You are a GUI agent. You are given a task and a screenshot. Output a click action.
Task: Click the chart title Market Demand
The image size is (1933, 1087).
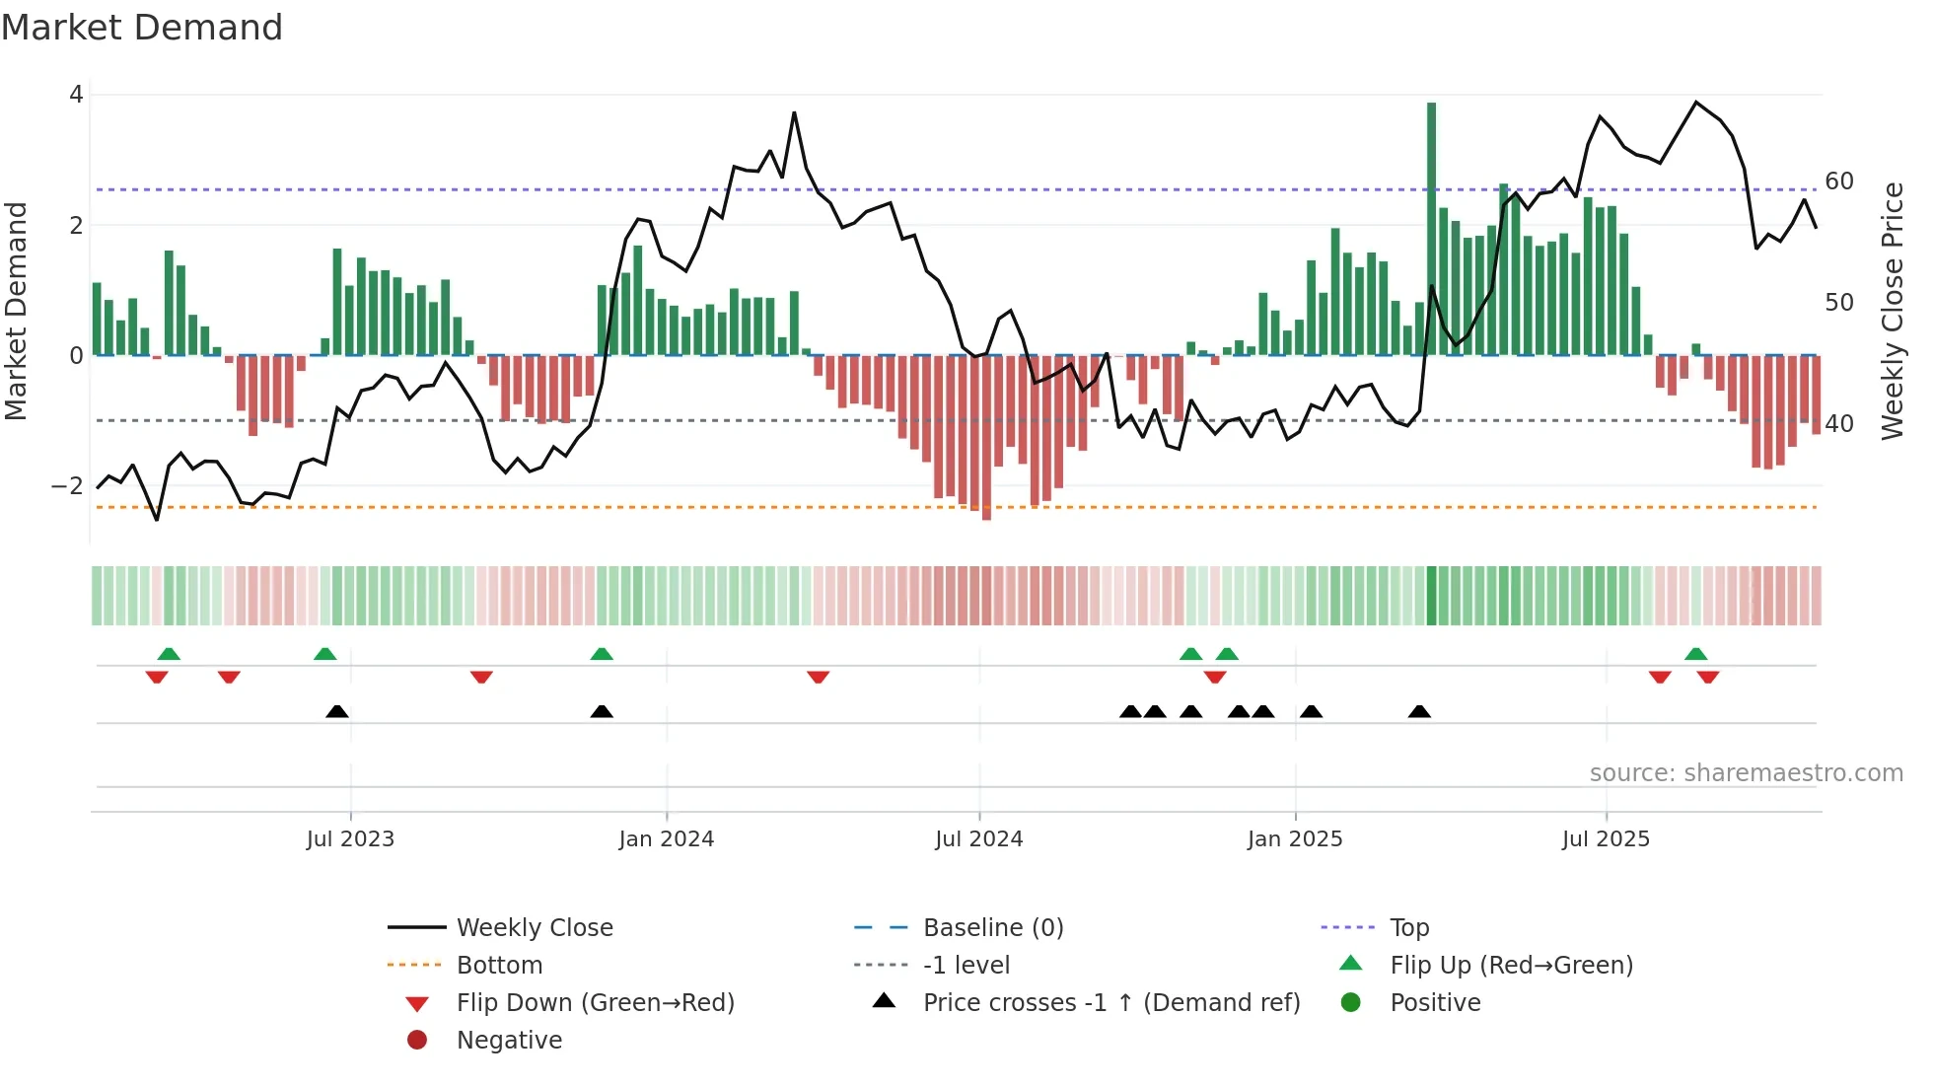pos(142,28)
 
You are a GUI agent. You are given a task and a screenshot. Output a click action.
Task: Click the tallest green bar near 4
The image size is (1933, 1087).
pos(1431,227)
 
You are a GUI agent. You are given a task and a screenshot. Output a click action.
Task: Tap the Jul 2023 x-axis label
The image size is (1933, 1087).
pos(350,839)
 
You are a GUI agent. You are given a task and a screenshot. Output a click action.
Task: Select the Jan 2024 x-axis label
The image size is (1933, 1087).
pos(666,839)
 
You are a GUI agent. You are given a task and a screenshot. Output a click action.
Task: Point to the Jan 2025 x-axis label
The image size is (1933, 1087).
pos(1295,839)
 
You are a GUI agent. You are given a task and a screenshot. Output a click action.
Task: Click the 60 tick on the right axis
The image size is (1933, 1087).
pos(1839,181)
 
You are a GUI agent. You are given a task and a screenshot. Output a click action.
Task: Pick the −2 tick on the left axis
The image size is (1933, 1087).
pos(67,486)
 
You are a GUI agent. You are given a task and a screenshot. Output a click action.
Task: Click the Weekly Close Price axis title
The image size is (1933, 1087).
pos(1892,311)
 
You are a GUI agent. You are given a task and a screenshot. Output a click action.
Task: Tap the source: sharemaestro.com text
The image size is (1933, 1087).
pos(1746,773)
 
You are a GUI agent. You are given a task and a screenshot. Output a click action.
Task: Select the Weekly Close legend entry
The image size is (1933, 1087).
pos(535,928)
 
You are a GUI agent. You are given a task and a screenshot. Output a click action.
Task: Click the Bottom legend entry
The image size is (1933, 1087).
pos(499,966)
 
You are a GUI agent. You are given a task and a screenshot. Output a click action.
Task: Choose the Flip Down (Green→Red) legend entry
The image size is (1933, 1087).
pos(595,1003)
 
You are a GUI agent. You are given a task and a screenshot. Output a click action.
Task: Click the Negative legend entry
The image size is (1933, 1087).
pos(509,1041)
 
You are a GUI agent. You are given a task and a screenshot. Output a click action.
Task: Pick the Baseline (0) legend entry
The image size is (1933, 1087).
pos(993,928)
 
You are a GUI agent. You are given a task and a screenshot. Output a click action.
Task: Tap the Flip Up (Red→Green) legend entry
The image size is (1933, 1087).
pos(1511,966)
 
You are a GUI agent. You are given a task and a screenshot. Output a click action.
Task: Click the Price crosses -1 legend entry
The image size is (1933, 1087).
pos(1111,1003)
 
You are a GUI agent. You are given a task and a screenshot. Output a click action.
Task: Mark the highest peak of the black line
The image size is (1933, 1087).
pos(1696,103)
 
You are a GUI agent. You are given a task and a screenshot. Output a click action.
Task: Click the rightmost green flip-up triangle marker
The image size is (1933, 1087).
pos(1696,654)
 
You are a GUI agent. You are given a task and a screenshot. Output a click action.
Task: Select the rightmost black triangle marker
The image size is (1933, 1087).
pos(1419,712)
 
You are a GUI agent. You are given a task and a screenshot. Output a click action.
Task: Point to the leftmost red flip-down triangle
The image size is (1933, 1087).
pos(157,677)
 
